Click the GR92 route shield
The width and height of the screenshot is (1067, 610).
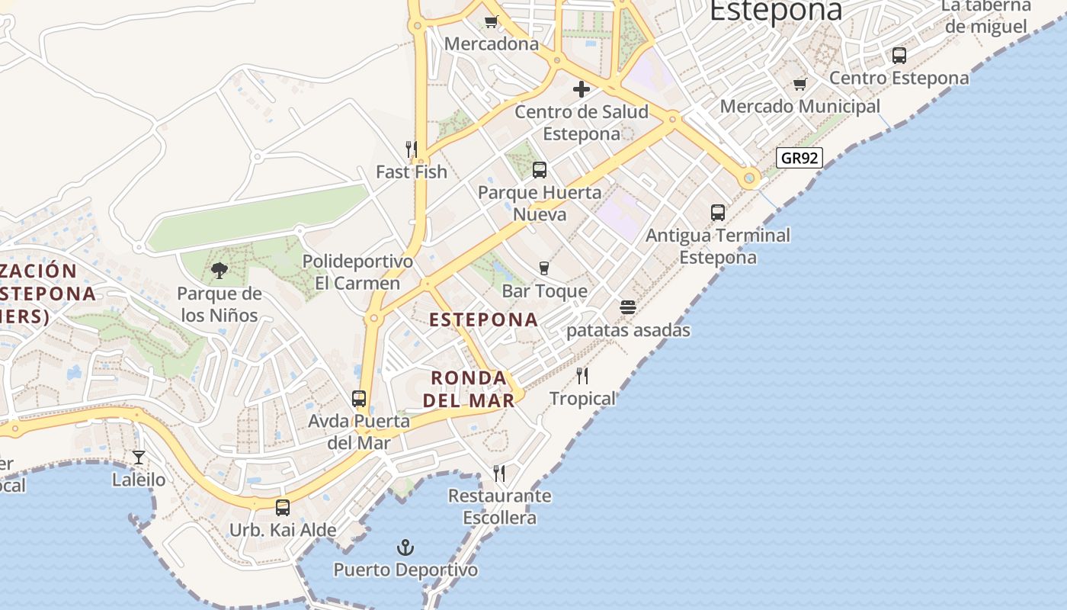[x=799, y=158]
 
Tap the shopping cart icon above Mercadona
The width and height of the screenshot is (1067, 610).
[x=492, y=21]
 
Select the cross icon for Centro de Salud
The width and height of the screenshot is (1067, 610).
[x=582, y=89]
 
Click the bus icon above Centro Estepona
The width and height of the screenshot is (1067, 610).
[x=899, y=55]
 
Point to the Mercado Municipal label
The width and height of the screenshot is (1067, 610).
[x=800, y=106]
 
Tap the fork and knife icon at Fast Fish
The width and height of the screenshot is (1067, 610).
[x=412, y=149]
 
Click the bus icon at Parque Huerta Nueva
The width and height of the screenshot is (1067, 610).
[x=540, y=169]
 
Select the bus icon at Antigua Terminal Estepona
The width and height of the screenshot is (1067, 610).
[x=718, y=212]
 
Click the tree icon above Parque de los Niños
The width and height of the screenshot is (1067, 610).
[x=219, y=270]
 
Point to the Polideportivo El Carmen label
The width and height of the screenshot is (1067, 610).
[x=357, y=272]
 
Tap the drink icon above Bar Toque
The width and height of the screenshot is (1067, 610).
[x=544, y=268]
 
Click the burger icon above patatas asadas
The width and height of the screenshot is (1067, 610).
[x=628, y=307]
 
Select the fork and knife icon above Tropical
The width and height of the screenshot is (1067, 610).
[x=582, y=375]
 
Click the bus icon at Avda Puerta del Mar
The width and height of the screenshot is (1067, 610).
[x=359, y=398]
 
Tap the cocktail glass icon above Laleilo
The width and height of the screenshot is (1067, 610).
[x=139, y=457]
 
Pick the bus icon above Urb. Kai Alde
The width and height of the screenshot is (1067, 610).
[x=283, y=507]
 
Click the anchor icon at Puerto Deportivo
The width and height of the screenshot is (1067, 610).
[x=405, y=547]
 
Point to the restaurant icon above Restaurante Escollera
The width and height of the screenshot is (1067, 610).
[x=499, y=473]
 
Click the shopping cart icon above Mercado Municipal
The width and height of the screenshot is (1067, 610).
[x=799, y=84]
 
